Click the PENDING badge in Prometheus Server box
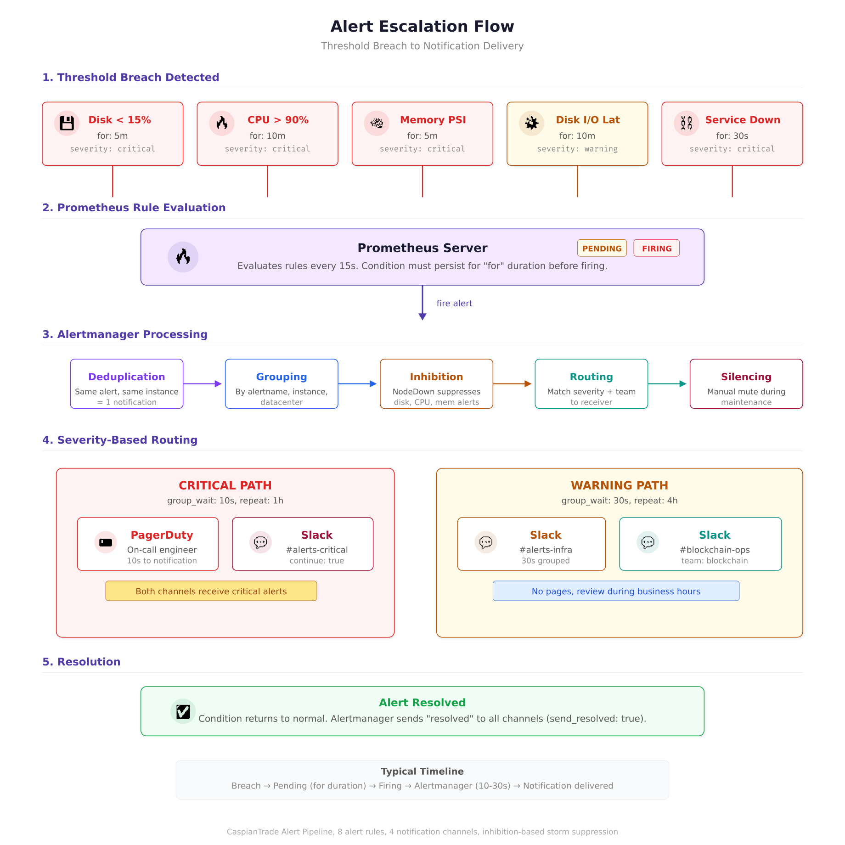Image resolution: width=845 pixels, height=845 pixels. click(x=602, y=248)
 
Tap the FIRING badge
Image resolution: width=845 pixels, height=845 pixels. click(x=656, y=248)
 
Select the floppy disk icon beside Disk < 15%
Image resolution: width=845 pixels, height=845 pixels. click(x=67, y=123)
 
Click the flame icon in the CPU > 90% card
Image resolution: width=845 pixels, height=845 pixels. click(x=222, y=123)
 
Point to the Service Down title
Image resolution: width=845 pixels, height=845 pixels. click(x=743, y=120)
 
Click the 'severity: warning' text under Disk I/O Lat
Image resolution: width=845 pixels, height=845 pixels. click(x=577, y=149)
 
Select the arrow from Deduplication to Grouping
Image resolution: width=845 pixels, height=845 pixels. click(x=203, y=384)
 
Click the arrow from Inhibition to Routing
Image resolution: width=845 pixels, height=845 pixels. click(x=512, y=384)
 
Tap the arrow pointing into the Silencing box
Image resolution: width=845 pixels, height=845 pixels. click(x=667, y=384)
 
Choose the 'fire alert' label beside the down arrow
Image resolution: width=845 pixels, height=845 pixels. click(x=454, y=304)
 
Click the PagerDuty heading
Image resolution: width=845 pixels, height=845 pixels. click(x=162, y=535)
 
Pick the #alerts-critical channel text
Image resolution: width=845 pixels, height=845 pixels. click(x=317, y=550)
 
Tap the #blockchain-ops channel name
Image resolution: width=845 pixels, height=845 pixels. click(x=715, y=550)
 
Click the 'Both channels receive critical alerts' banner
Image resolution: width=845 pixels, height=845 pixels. click(x=211, y=591)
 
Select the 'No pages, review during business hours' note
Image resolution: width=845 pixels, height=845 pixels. click(x=616, y=591)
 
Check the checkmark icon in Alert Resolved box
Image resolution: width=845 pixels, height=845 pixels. click(x=183, y=711)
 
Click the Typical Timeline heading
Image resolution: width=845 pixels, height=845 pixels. click(x=422, y=772)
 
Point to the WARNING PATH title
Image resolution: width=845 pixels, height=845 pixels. click(x=619, y=485)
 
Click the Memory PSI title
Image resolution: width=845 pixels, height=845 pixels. click(x=433, y=120)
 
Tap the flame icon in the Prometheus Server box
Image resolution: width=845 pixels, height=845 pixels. click(x=183, y=257)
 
